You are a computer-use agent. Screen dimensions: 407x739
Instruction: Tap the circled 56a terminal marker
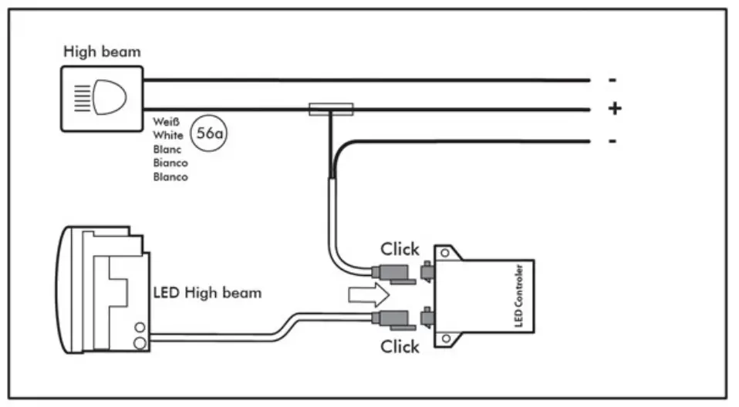210,133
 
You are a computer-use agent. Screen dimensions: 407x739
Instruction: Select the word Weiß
167,121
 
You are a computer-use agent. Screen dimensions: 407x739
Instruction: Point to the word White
168,135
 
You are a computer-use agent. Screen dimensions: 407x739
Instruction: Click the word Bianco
170,163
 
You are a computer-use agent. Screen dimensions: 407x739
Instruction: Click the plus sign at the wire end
614,109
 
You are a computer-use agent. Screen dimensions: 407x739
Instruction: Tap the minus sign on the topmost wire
612,79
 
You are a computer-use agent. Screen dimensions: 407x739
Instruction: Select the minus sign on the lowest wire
612,141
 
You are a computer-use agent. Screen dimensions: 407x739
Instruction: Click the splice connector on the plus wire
331,109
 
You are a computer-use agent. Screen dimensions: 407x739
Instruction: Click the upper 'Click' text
400,249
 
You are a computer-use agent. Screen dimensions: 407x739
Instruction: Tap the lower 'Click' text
400,346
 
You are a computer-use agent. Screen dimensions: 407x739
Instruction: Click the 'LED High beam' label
208,293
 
